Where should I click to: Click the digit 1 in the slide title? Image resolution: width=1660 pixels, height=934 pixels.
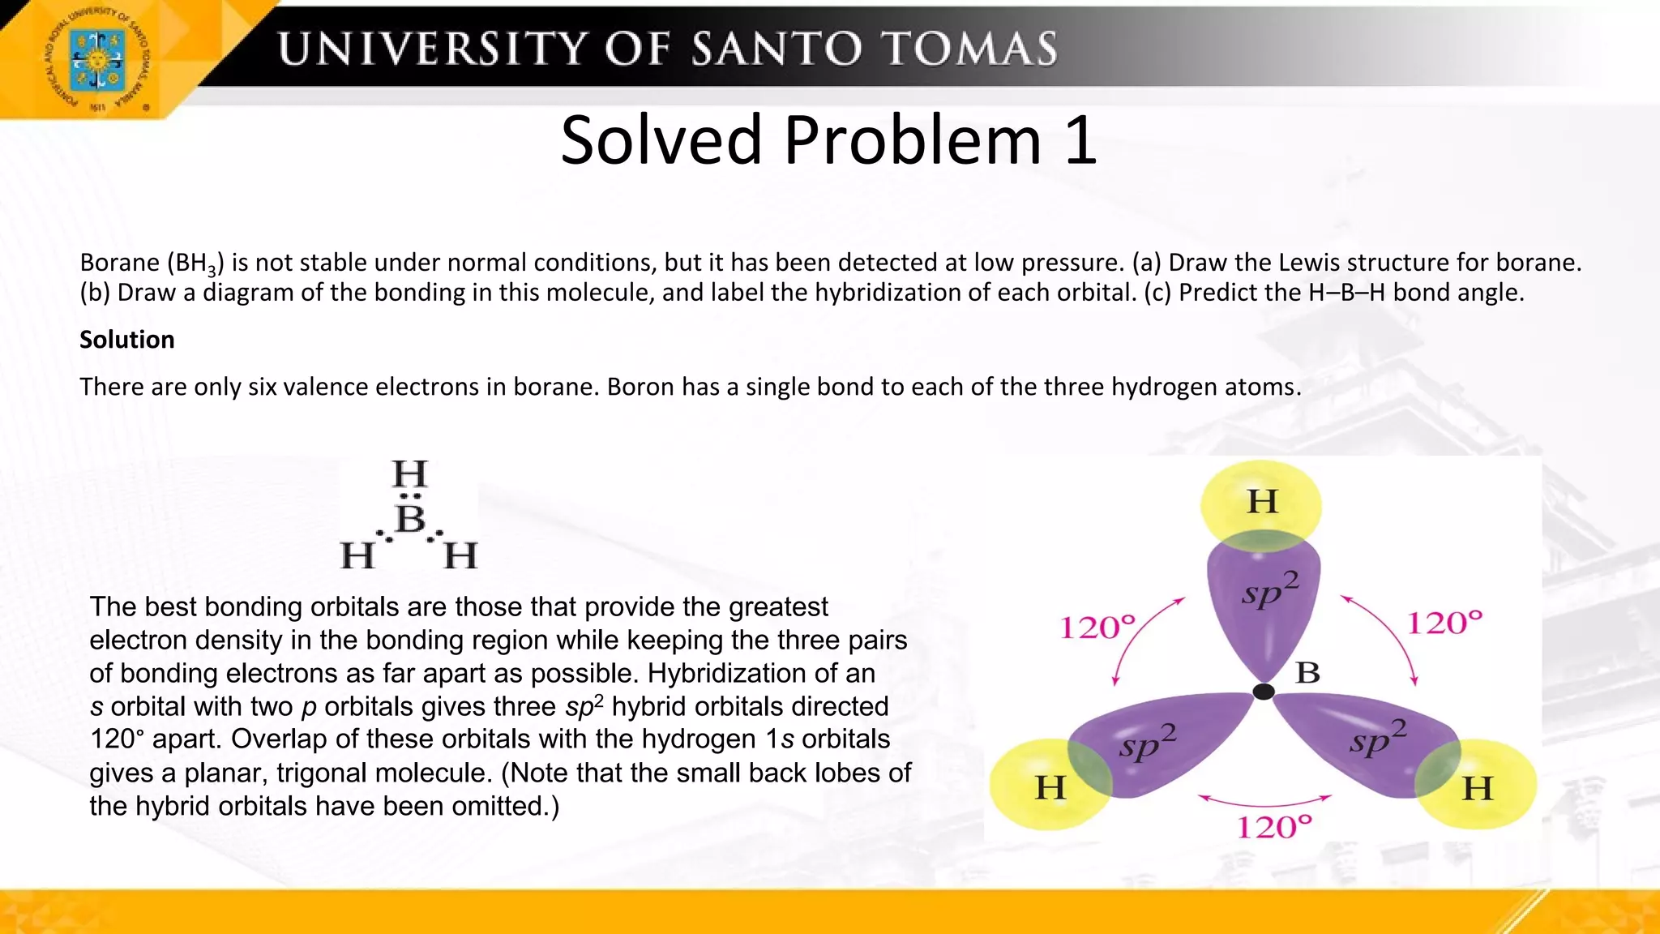click(1081, 140)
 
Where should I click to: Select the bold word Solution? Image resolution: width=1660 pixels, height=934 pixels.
click(126, 340)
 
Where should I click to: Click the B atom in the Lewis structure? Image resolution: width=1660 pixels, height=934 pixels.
click(410, 519)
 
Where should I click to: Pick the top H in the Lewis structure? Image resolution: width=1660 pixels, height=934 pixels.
click(409, 473)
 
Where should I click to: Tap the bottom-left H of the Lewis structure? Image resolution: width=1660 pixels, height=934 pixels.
click(357, 556)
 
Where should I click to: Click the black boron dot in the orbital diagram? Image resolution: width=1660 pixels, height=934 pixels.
click(1264, 692)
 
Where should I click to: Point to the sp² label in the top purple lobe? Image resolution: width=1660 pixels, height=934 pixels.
click(1269, 590)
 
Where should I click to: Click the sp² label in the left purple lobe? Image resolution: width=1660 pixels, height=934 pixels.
click(1146, 743)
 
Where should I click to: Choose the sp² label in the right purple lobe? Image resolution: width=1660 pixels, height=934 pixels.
click(1377, 739)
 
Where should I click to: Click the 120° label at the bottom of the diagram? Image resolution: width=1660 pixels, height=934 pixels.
click(1273, 827)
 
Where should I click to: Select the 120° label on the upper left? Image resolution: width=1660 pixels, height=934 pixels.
click(1098, 627)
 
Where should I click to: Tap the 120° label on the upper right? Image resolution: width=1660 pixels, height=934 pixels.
click(1444, 623)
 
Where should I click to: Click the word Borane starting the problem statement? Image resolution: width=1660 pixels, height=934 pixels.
click(119, 263)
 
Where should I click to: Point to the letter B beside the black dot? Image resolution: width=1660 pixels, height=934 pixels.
click(1307, 672)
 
